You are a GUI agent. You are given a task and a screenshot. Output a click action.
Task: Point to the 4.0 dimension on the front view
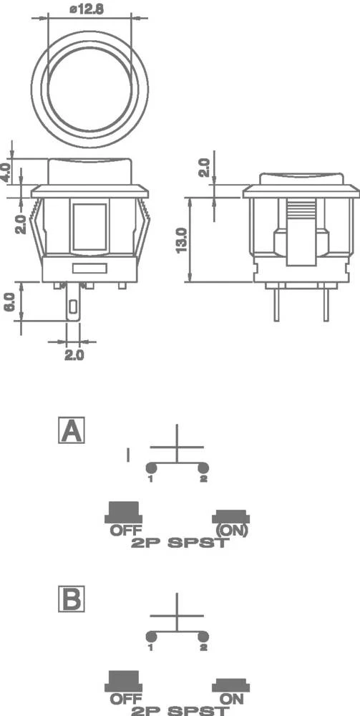pos(6,172)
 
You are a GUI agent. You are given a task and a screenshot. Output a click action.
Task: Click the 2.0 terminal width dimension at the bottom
pos(74,354)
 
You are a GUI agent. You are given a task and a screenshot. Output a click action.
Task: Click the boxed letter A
pos(72,431)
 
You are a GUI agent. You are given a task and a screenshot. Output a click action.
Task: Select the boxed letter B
pos(72,599)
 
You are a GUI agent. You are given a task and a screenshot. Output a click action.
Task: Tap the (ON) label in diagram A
pos(231,531)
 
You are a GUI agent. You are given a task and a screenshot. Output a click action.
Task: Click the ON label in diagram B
pos(230,698)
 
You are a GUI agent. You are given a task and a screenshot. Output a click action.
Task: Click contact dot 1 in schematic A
pos(151,468)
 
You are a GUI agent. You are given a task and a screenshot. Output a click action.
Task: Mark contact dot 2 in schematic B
pos(203,637)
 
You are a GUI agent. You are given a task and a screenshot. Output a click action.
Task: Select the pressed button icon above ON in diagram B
pos(230,685)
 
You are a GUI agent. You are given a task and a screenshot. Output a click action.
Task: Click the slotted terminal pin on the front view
pos(74,308)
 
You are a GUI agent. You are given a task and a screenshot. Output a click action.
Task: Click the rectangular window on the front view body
pos(89,226)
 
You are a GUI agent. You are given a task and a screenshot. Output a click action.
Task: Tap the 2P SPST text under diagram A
pos(180,543)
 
